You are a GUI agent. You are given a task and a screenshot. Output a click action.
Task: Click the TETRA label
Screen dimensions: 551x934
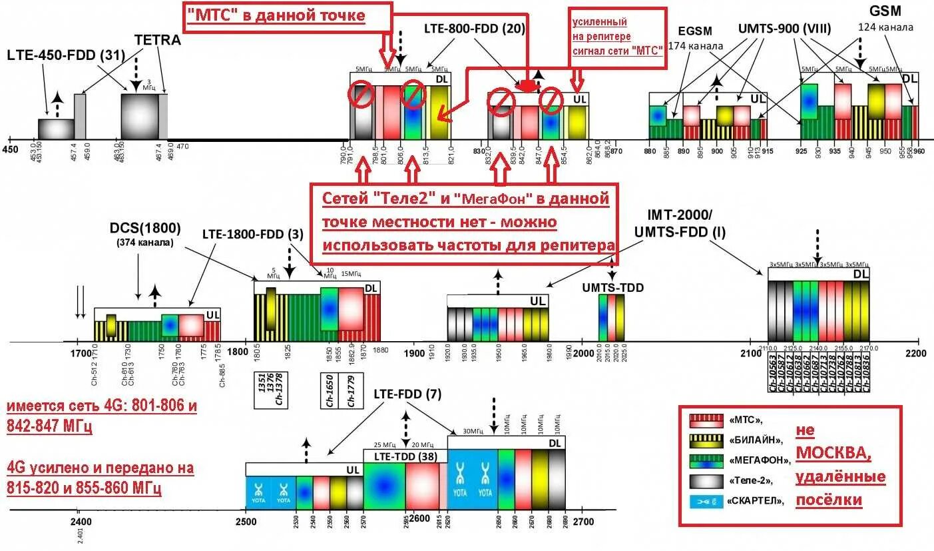coord(158,40)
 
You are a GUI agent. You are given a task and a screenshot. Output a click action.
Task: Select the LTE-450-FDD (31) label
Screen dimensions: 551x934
coord(66,55)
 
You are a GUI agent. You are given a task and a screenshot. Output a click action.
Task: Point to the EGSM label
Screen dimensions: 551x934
coord(695,31)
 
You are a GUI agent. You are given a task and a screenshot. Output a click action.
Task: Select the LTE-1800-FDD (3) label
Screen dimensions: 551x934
coord(253,235)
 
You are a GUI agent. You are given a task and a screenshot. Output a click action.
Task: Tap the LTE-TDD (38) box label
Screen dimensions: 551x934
coord(405,456)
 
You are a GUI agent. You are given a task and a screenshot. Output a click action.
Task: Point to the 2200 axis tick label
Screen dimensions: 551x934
coord(915,354)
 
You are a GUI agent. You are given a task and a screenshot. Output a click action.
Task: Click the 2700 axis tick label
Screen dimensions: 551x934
coord(583,522)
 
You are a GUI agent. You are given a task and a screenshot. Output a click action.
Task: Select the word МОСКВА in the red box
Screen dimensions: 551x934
coord(832,454)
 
